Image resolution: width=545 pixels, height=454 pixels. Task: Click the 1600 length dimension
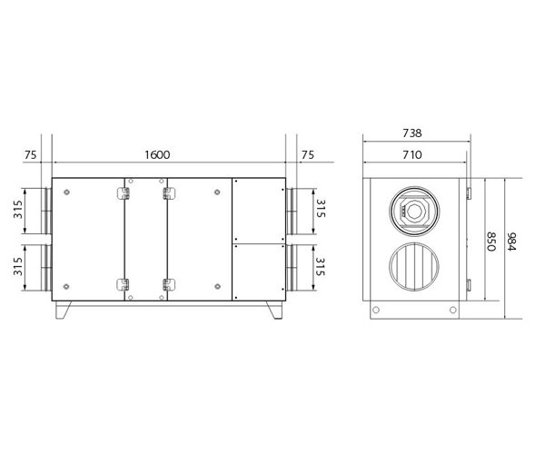pyautogui.click(x=157, y=154)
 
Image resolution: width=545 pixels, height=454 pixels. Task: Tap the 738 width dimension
pyautogui.click(x=412, y=133)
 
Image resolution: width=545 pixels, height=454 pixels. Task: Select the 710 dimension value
pyautogui.click(x=412, y=154)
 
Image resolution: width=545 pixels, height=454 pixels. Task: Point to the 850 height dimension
pyautogui.click(x=490, y=242)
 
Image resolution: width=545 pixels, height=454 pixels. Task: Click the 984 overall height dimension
pyautogui.click(x=511, y=242)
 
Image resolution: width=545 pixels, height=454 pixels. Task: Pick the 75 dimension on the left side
pyautogui.click(x=30, y=155)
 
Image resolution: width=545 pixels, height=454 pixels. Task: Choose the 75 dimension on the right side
pyautogui.click(x=308, y=155)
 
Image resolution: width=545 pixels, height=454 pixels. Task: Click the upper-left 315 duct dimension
pyautogui.click(x=18, y=209)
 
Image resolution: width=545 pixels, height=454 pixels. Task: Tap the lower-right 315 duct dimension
pyautogui.click(x=321, y=267)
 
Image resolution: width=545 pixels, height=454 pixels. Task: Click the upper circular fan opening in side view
pyautogui.click(x=414, y=211)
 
